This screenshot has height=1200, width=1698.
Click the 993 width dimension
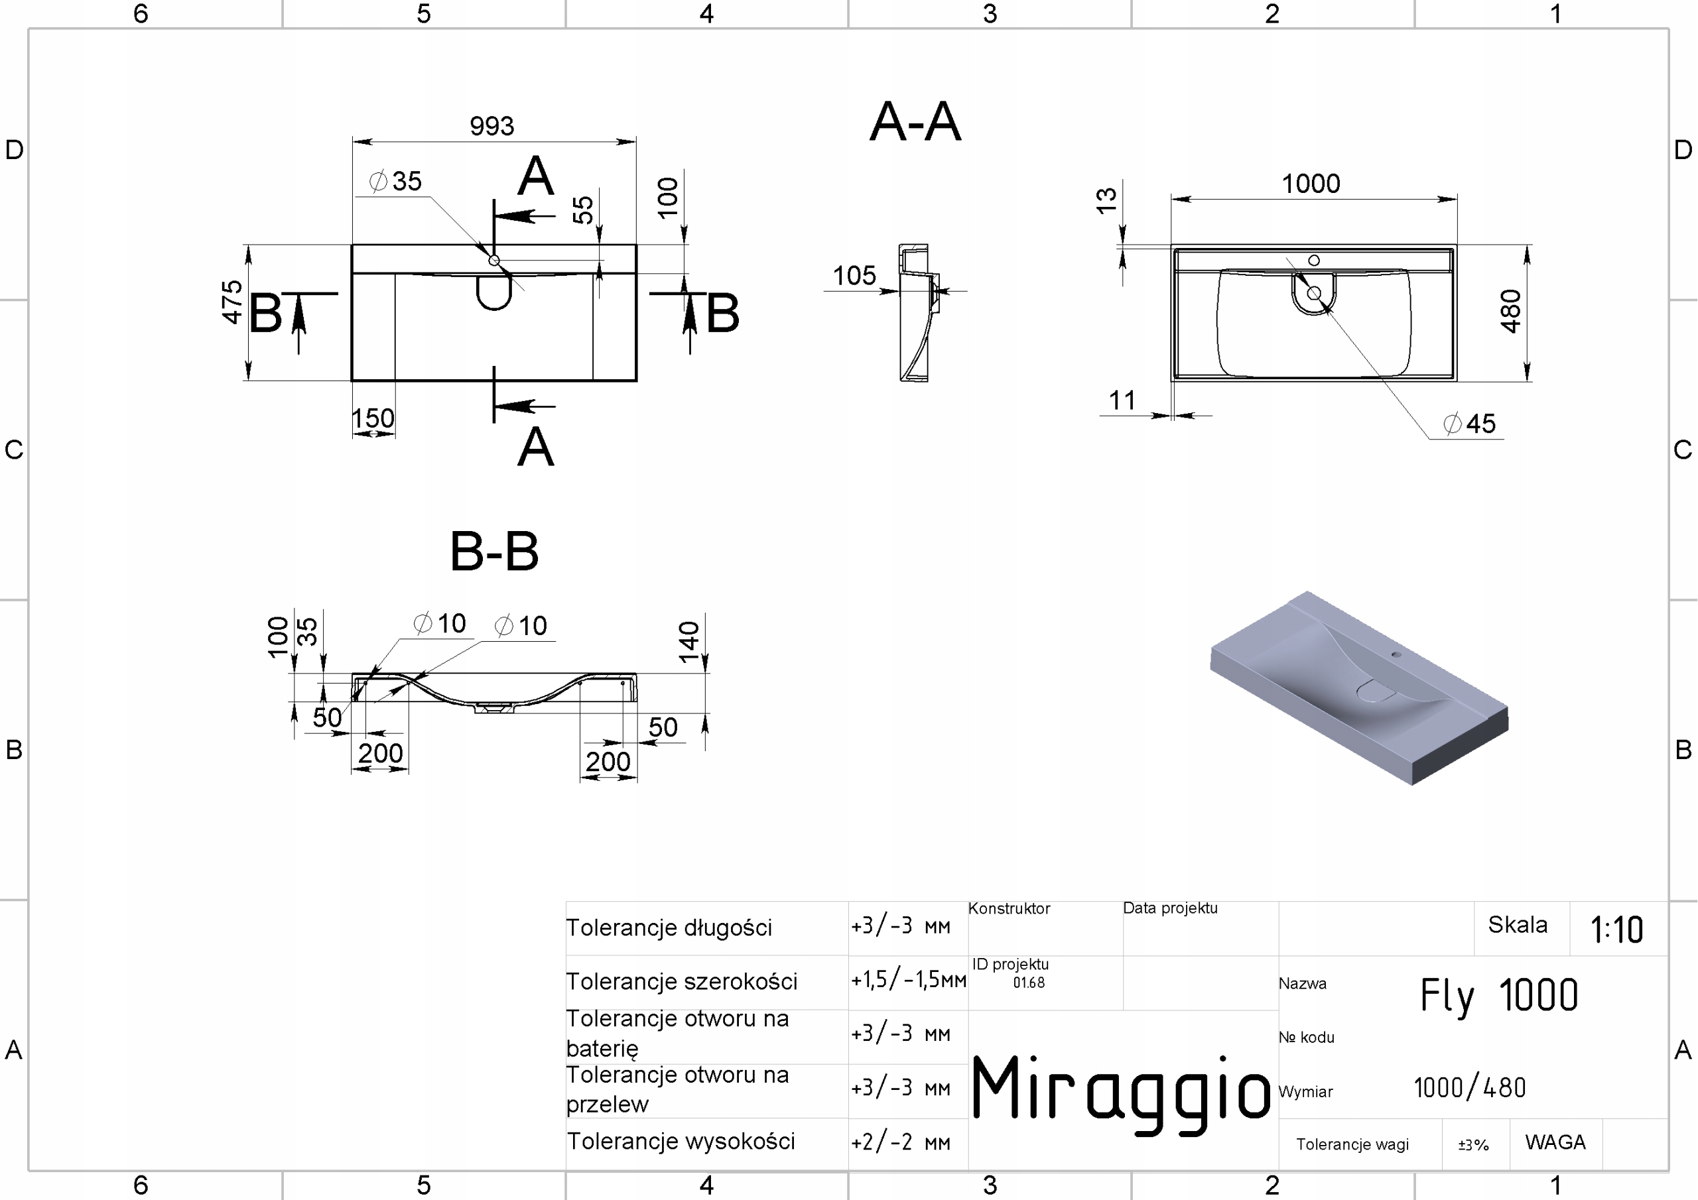[491, 127]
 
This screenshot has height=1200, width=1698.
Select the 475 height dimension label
[232, 302]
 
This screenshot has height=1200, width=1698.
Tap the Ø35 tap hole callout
[397, 181]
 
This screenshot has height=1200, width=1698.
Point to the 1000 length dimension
[1311, 184]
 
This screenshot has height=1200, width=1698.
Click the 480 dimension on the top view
[1510, 312]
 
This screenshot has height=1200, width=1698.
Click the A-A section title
[915, 122]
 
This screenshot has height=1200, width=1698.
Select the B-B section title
[494, 552]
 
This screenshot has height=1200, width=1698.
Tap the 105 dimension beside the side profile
[854, 276]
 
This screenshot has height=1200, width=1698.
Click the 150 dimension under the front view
[373, 418]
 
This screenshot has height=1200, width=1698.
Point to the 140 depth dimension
[689, 641]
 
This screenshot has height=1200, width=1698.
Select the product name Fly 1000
[1498, 995]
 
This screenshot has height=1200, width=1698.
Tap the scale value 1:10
[1616, 930]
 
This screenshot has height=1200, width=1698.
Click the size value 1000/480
[1469, 1087]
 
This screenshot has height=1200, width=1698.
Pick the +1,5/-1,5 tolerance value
[908, 981]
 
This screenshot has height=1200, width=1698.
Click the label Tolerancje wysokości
[681, 1142]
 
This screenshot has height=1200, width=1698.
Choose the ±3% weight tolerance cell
[1473, 1145]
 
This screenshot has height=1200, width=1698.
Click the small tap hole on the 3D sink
[1396, 654]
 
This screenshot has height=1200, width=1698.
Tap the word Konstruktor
[1009, 909]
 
